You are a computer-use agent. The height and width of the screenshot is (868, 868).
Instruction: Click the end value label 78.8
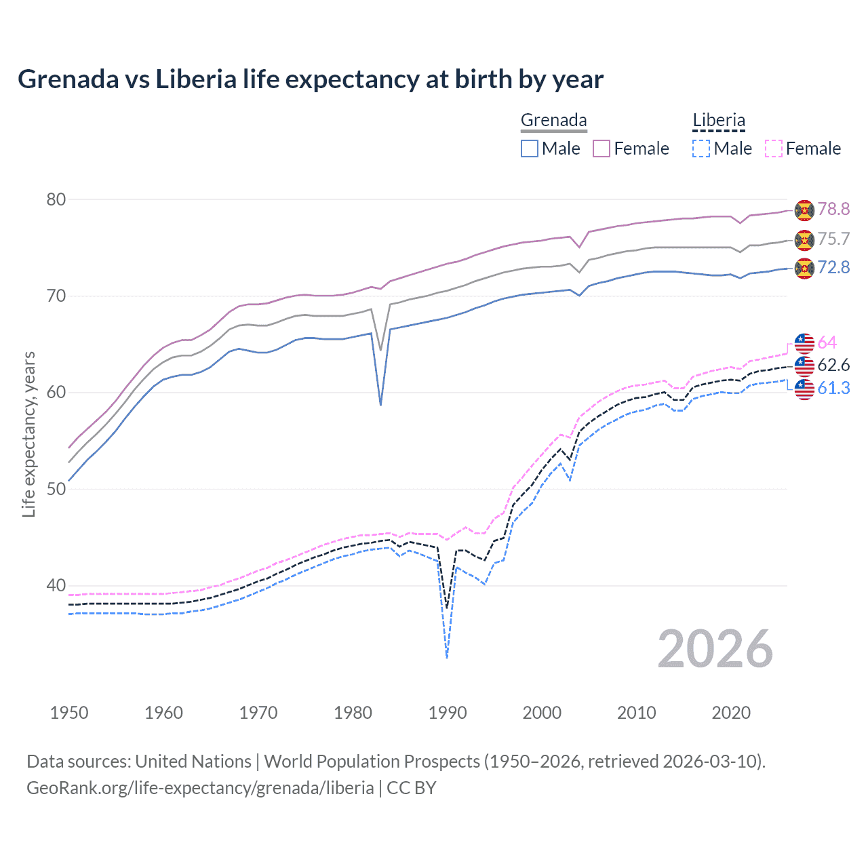click(833, 210)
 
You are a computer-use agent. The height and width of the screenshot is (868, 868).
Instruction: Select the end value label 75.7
click(833, 239)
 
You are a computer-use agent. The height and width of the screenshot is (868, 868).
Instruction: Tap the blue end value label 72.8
click(833, 268)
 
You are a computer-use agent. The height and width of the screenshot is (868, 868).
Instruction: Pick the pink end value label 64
click(827, 343)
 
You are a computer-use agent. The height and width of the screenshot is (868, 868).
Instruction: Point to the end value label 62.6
click(833, 366)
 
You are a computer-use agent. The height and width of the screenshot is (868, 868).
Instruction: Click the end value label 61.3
click(833, 389)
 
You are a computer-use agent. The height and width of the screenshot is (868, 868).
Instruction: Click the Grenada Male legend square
click(530, 149)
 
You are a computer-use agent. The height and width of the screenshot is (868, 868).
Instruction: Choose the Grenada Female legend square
click(601, 149)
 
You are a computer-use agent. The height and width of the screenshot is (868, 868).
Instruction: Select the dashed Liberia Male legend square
click(701, 149)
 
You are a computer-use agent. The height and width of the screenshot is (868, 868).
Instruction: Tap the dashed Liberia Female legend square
click(774, 149)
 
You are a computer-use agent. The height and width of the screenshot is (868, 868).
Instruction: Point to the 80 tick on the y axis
click(56, 199)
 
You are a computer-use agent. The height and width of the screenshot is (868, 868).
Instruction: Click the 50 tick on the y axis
click(56, 489)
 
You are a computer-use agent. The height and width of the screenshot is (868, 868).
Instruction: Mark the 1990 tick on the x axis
click(448, 713)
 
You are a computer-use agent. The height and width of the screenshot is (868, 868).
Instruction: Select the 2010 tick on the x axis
click(636, 713)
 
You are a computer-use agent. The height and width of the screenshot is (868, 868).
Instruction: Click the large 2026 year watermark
click(715, 649)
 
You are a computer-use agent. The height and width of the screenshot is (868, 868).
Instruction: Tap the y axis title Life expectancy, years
click(28, 434)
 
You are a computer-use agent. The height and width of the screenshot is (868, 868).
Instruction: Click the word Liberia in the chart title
click(196, 79)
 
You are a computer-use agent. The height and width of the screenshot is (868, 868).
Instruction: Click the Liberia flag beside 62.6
click(804, 366)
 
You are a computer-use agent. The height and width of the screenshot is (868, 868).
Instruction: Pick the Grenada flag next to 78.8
click(804, 210)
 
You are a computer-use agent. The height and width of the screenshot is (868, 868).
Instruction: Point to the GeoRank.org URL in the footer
click(200, 788)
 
